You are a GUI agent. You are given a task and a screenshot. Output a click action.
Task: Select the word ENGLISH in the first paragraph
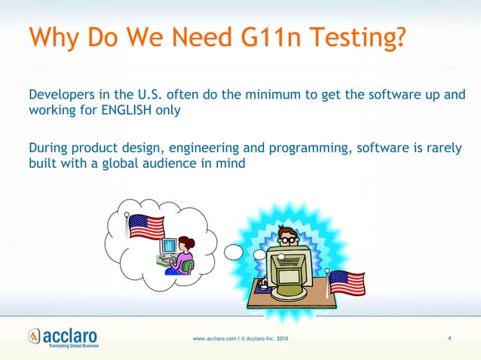[125, 110]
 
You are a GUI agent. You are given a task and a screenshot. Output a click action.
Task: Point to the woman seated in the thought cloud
[183, 255]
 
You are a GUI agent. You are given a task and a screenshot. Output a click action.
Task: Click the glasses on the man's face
[288, 239]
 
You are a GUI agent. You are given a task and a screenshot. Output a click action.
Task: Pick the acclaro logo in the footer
[63, 336]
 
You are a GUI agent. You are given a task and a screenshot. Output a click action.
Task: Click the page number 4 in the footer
[449, 337]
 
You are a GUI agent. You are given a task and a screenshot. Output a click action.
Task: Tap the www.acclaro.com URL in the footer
[214, 338]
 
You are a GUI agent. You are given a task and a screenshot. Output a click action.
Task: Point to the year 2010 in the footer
[280, 338]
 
